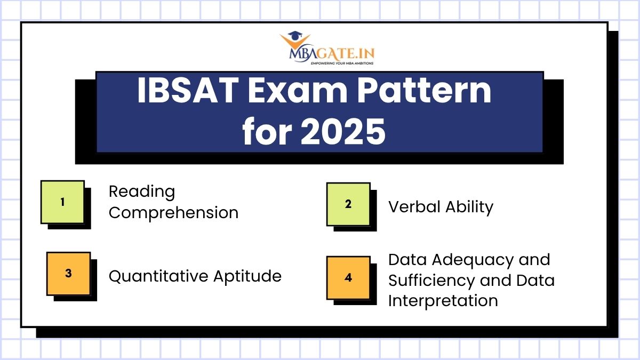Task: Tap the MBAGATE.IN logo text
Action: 332,53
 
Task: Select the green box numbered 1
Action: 62,202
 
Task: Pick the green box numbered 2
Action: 348,204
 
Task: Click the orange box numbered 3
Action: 68,274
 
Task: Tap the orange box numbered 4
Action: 348,278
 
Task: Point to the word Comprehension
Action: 173,213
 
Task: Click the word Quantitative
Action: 158,276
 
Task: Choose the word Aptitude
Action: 247,276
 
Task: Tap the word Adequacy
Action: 469,260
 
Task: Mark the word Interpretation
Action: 443,300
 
